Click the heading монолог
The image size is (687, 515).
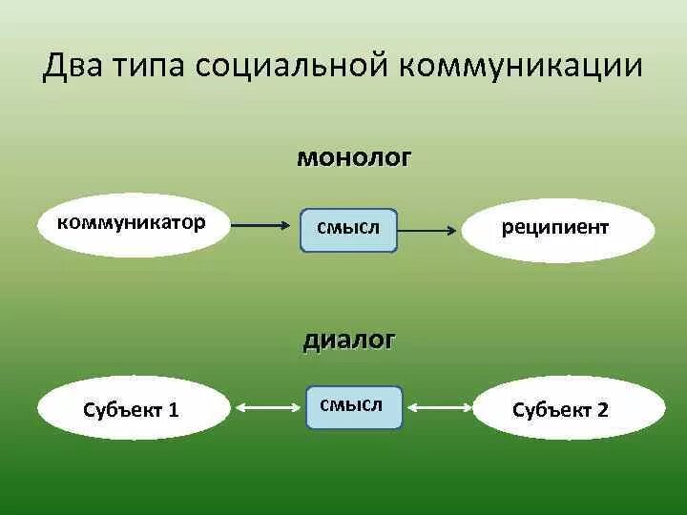tap(354, 157)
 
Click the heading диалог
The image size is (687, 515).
tap(349, 340)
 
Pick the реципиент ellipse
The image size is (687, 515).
tap(558, 230)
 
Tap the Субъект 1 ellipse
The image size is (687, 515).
tap(134, 409)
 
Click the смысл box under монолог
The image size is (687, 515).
tap(349, 229)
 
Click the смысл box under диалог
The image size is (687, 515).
tap(354, 406)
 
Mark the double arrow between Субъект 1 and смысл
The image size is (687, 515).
tap(267, 408)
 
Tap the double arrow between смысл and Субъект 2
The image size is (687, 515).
tap(439, 408)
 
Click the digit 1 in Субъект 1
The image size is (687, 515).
tap(174, 410)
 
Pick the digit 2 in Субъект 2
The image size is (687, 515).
tap(602, 410)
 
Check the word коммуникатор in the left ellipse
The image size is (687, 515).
tap(132, 222)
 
